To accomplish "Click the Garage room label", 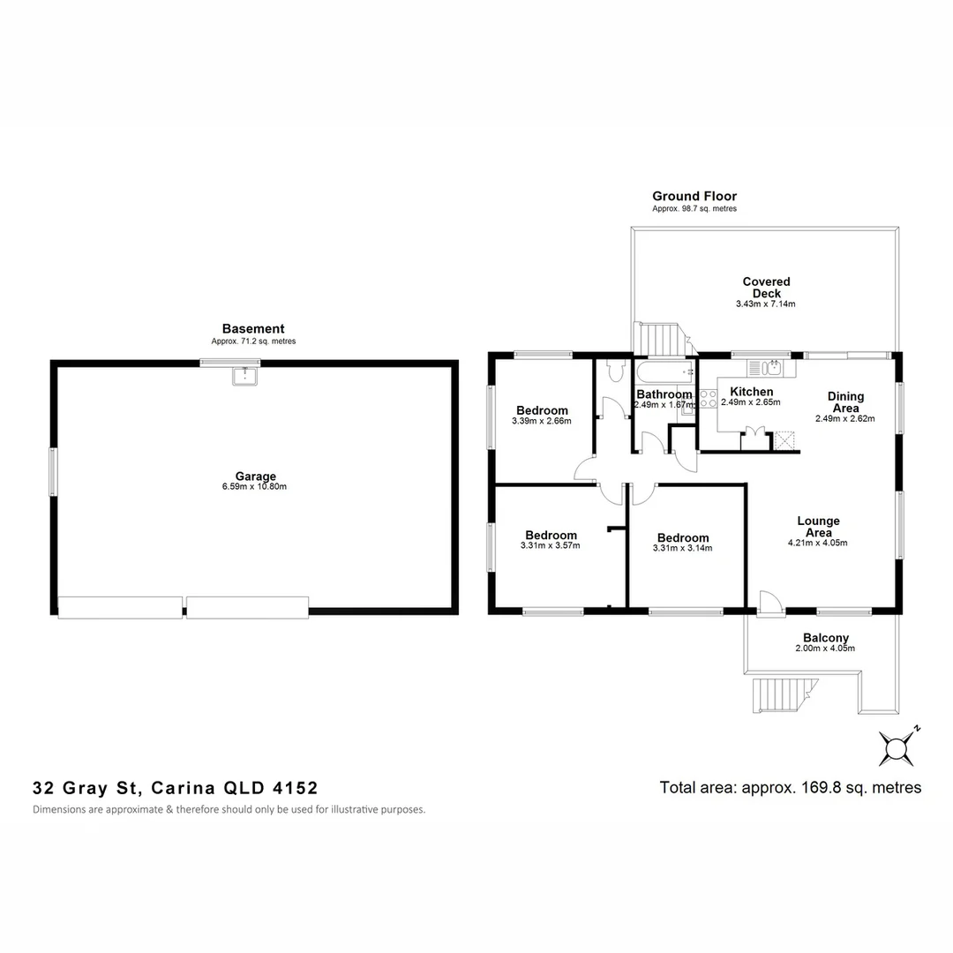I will (255, 476).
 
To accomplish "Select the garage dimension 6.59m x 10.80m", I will (255, 487).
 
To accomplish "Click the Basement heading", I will (253, 329).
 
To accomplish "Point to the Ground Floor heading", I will (694, 196).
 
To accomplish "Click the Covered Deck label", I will (766, 288).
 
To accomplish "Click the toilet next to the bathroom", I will (614, 373).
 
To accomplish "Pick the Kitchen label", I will (751, 392).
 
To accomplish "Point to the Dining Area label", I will (844, 402).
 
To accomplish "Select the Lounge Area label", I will (818, 527).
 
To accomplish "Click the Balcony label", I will (825, 638).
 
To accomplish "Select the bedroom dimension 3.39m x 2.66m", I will (541, 421).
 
